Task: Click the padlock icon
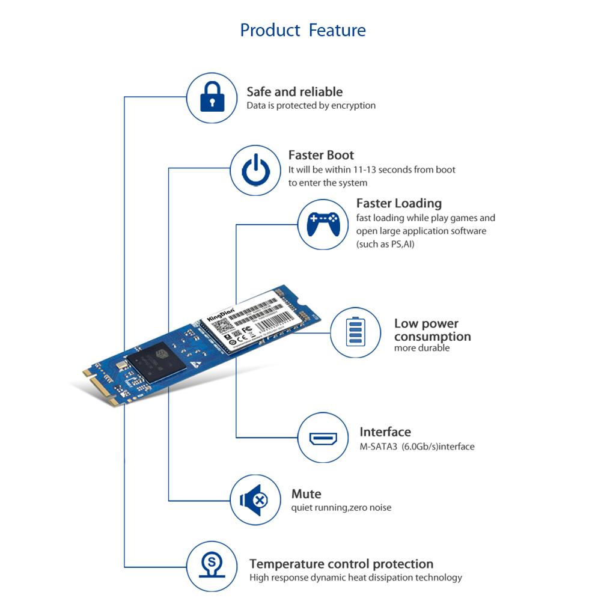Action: tap(211, 97)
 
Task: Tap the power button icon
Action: tap(255, 170)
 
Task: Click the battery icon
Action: tap(355, 332)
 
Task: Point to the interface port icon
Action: tap(323, 438)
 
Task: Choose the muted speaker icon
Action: tap(255, 499)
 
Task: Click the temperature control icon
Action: tap(211, 567)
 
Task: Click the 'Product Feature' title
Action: tap(302, 30)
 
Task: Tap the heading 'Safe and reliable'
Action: tap(294, 92)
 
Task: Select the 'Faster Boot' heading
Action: tap(321, 155)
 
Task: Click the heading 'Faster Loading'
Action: tap(398, 203)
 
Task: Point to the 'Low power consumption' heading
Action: tap(432, 330)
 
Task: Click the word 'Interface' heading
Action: tap(385, 432)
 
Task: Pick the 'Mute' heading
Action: tap(306, 494)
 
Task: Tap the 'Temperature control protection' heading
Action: tap(341, 564)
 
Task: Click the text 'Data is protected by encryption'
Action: tap(311, 106)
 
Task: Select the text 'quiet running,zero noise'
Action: tap(341, 508)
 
